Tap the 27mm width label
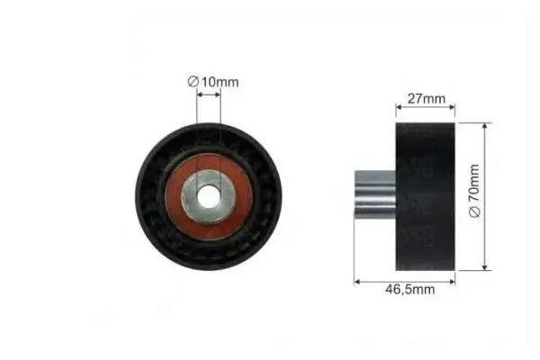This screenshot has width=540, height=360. (427, 98)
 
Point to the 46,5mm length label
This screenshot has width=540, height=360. (409, 289)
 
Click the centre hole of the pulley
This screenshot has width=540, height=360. (209, 197)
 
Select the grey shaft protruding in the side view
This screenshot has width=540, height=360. (375, 194)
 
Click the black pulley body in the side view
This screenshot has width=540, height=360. (426, 196)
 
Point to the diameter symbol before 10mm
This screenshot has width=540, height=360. (193, 82)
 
